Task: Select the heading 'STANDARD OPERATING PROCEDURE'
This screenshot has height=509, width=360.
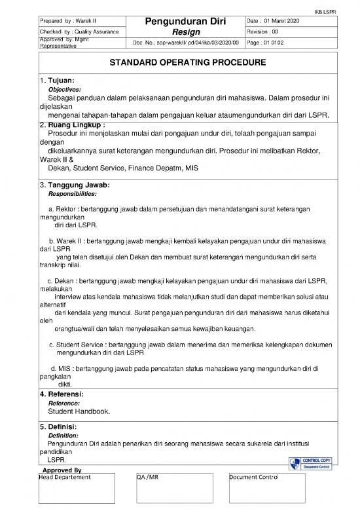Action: click(x=179, y=64)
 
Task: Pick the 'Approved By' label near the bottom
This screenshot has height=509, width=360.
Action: click(x=60, y=470)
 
